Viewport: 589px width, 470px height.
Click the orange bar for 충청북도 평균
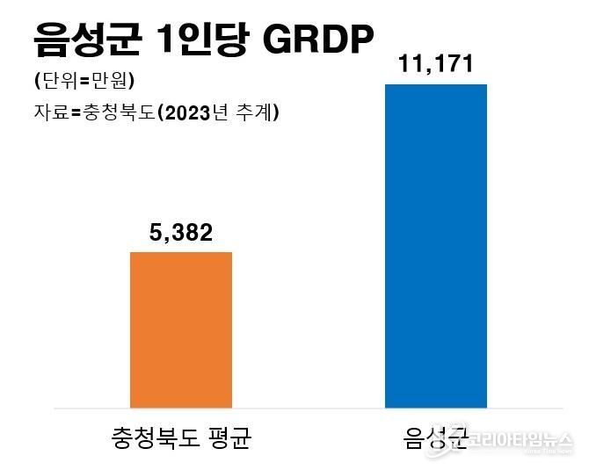click(181, 330)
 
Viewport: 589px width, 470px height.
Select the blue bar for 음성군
click(436, 246)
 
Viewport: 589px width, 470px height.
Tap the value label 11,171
click(435, 64)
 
